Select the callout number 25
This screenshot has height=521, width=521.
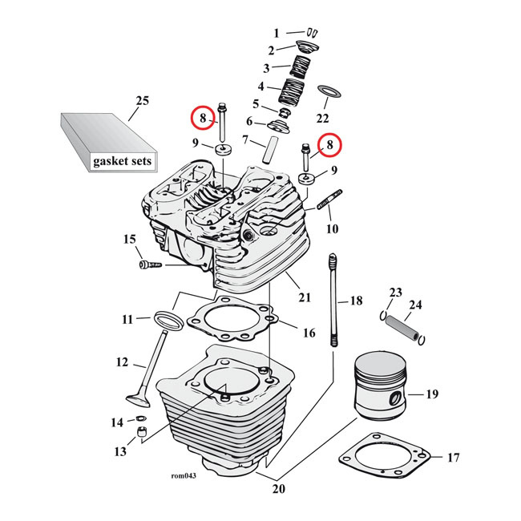pyautogui.click(x=142, y=100)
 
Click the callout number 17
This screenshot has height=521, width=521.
pyautogui.click(x=453, y=458)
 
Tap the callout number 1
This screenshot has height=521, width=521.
pyautogui.click(x=277, y=34)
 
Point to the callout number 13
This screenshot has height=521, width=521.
pyautogui.click(x=119, y=452)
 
